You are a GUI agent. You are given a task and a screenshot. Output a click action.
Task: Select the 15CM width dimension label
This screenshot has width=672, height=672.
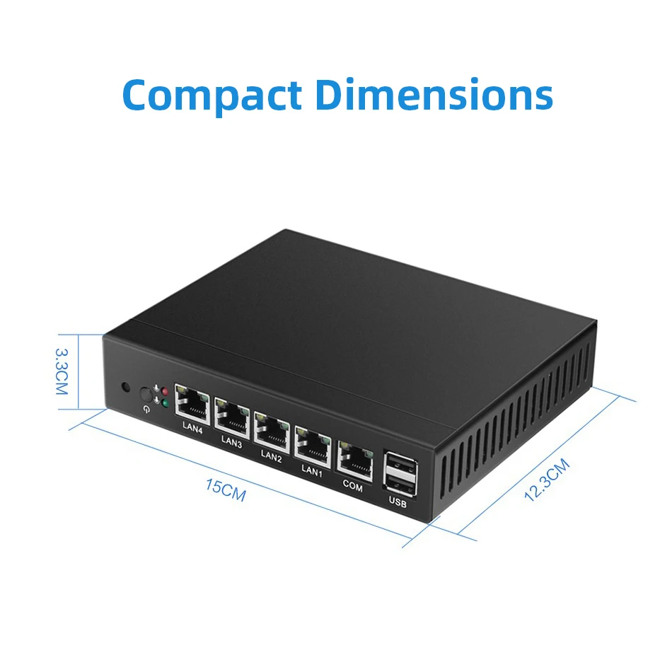point(226,489)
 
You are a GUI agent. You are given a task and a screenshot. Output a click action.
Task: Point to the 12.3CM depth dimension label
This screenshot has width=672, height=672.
point(546,481)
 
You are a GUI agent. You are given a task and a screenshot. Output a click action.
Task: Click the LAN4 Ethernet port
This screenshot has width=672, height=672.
point(192,405)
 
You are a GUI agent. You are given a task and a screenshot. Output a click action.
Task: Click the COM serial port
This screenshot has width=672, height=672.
point(354,457)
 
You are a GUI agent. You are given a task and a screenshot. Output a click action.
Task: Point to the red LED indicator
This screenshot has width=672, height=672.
point(165,391)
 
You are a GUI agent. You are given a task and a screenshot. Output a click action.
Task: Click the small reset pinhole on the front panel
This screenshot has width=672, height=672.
point(126,388)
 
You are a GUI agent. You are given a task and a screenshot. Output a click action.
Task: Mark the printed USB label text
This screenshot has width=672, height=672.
point(398,503)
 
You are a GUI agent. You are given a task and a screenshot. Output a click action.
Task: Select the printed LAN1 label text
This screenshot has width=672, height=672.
point(312,470)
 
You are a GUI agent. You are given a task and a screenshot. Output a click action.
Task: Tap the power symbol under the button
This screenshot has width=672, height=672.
point(146,408)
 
